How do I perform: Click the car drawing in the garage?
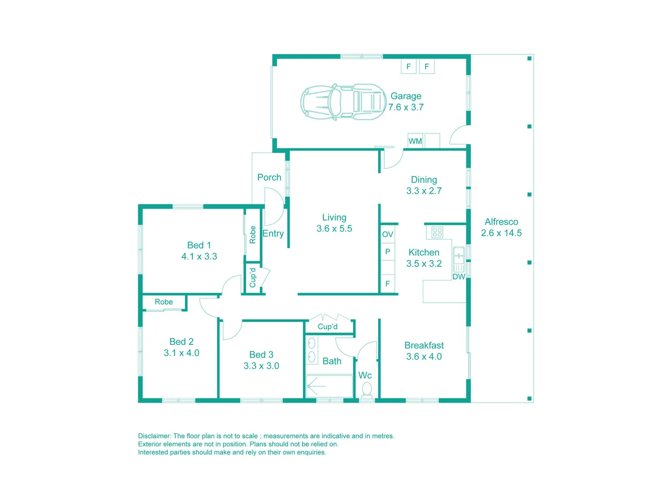coord(343,102)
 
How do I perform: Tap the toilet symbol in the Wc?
coord(367,389)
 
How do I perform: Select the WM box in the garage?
coord(415,141)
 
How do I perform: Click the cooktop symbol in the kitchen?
coord(437,232)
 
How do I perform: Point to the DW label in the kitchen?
coord(459,277)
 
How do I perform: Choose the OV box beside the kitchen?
coord(387,234)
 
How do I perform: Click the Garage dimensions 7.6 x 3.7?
coord(406,107)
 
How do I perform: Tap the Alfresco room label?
coord(501,222)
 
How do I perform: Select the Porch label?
coord(269,177)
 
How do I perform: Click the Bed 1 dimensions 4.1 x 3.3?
coord(199,257)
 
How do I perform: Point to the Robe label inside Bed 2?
coord(164,302)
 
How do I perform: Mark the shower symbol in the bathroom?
coord(328,386)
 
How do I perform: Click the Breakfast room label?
coord(424,345)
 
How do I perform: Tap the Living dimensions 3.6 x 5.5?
coord(334,229)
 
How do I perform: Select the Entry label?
coord(273,233)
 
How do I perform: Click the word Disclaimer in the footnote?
coord(154,436)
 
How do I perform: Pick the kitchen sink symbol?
coord(459,255)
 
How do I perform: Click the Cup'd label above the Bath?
coord(328,327)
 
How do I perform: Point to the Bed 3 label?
coord(261,355)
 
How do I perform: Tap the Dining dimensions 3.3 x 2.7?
coord(424,191)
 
